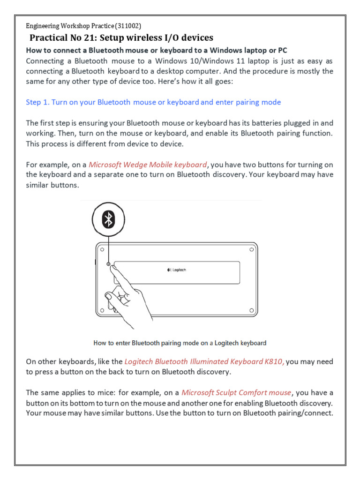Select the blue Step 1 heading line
(153, 102)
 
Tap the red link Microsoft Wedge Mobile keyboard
(148, 165)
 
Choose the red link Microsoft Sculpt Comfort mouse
(236, 392)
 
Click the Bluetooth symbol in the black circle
(108, 219)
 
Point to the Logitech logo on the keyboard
(177, 270)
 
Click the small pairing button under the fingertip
(109, 264)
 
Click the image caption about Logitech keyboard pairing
(180, 343)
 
